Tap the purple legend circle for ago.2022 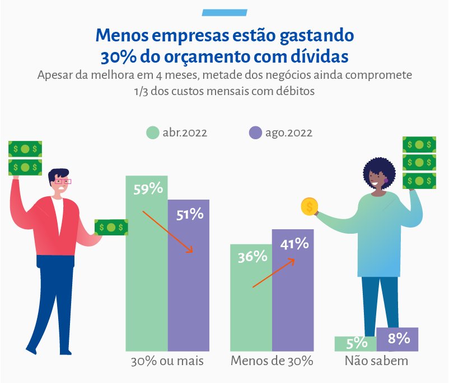coord(255,133)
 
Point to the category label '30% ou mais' coord(167,361)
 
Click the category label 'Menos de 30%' coord(272,361)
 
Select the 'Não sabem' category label coord(376,361)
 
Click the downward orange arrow coord(168,231)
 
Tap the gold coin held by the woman coord(309,207)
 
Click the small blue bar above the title coord(224,12)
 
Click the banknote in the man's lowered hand coord(111,227)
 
